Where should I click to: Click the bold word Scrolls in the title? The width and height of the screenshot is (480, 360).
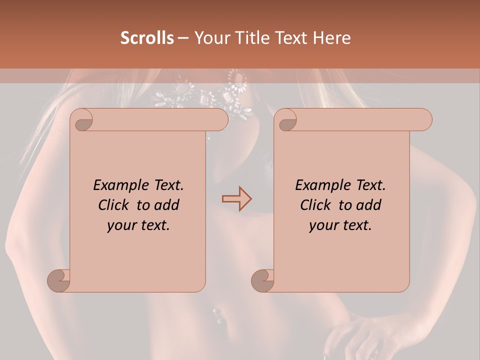click(147, 38)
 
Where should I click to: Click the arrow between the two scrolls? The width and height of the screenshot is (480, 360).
click(236, 198)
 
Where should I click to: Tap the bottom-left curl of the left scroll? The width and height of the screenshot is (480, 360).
click(59, 280)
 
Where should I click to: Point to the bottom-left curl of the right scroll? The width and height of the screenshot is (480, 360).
click(263, 280)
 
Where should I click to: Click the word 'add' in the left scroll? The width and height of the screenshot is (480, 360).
click(166, 205)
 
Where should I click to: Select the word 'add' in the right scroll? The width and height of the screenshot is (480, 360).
click(368, 205)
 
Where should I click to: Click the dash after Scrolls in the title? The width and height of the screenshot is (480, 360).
click(183, 38)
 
